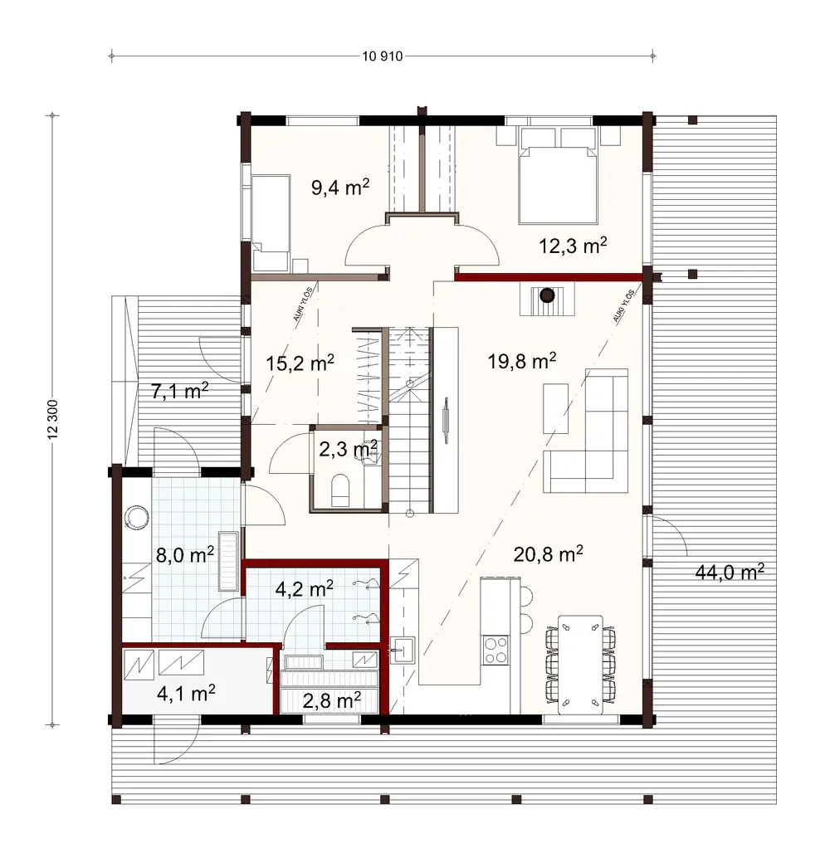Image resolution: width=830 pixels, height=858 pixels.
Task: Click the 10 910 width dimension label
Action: [383, 56]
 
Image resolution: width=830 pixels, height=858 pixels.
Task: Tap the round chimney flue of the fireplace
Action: [546, 295]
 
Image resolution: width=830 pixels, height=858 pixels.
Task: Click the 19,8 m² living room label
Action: [521, 360]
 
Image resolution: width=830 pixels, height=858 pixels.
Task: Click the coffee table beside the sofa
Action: [555, 407]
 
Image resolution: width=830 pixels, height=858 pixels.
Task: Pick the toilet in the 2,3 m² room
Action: [340, 490]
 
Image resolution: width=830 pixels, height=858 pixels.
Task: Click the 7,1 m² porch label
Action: [178, 392]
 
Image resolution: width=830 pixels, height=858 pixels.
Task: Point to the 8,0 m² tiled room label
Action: [186, 554]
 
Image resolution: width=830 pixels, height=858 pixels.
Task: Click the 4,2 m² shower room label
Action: [304, 588]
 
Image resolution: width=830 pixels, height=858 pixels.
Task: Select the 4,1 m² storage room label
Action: [187, 691]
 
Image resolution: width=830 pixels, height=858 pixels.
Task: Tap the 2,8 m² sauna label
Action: [331, 700]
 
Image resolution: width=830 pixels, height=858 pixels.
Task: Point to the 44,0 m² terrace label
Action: [728, 572]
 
